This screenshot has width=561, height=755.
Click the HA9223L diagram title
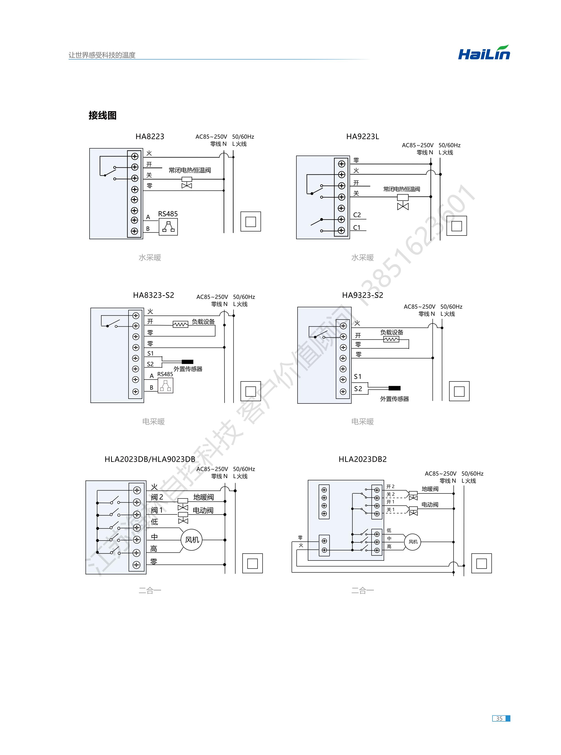point(362,137)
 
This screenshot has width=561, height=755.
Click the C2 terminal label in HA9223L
point(357,215)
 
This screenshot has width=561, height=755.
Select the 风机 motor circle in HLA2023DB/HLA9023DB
point(192,540)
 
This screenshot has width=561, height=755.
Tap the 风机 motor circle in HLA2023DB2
point(413,542)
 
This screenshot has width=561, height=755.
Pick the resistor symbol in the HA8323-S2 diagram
point(180,325)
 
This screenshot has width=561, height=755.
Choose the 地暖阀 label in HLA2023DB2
point(430,489)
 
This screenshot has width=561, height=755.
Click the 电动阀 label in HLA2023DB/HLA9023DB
point(203,510)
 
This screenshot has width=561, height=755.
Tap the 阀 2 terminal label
point(157,497)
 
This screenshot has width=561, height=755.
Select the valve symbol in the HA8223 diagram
point(187,183)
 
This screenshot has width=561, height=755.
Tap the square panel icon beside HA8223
point(251,222)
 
